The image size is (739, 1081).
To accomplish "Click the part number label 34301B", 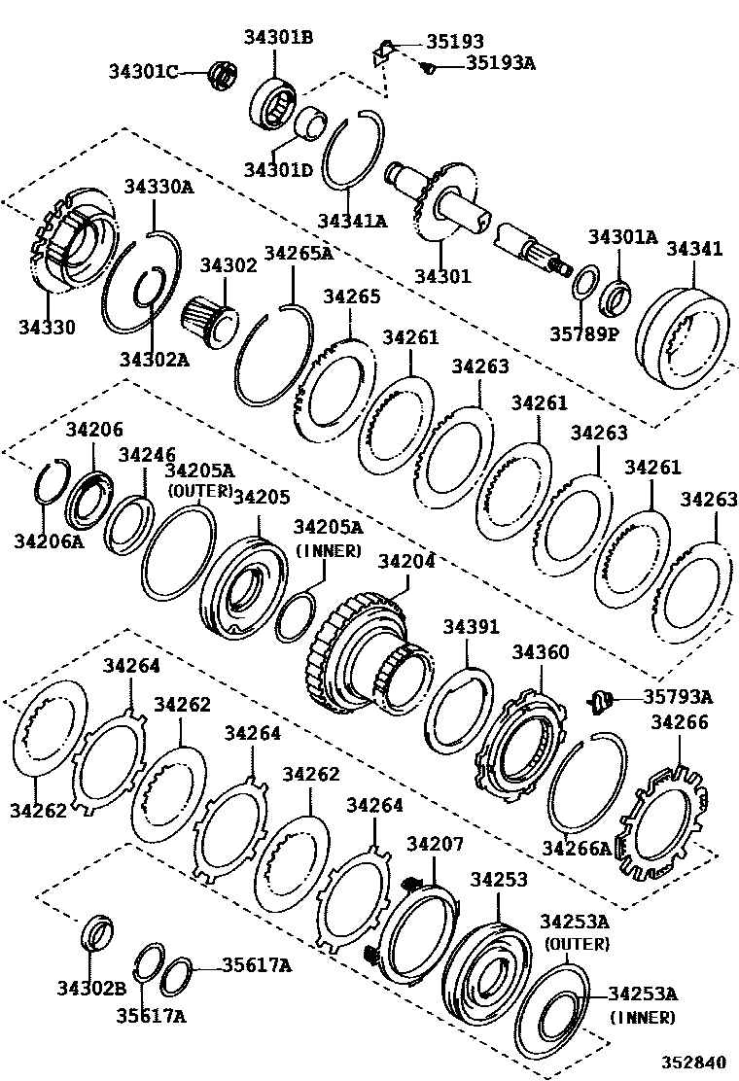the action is (x=278, y=37).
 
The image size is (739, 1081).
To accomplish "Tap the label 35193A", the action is (x=501, y=63).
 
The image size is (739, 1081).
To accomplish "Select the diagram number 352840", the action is (x=694, y=1062).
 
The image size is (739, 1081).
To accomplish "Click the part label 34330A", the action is (x=159, y=186).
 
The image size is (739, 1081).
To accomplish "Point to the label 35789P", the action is (x=584, y=333).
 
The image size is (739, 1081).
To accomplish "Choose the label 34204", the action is (x=406, y=562).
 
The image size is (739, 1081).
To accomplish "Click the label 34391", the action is (x=471, y=627).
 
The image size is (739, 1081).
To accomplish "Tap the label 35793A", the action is (x=679, y=697).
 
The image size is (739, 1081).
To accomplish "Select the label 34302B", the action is (x=91, y=989).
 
